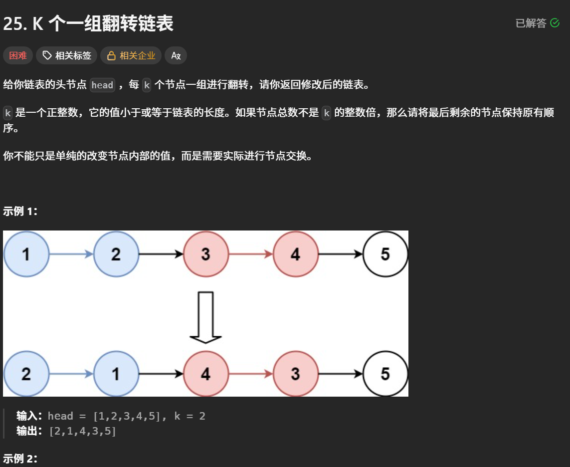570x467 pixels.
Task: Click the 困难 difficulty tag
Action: point(18,55)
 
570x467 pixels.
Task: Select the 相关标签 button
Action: point(67,55)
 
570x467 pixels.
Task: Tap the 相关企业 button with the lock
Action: point(131,55)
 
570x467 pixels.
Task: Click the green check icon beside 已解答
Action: point(555,23)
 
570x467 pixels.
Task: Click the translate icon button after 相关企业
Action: point(176,55)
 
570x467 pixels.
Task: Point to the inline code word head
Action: point(102,85)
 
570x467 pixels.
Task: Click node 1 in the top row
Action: point(26,254)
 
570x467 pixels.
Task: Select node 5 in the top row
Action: point(385,254)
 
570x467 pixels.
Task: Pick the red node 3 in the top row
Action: point(205,254)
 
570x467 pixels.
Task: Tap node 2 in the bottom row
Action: point(26,374)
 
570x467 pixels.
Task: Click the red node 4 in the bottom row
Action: point(205,374)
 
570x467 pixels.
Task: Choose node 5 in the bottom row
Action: point(385,374)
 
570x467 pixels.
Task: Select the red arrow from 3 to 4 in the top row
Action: point(250,254)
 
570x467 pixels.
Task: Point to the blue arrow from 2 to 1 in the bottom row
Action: point(71,374)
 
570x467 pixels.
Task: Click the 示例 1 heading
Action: point(20,211)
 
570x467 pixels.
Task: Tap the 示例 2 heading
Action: point(20,459)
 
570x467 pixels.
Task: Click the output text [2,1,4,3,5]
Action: point(82,431)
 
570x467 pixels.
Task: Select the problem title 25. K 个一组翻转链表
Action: point(88,23)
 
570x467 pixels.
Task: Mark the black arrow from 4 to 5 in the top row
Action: point(340,254)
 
